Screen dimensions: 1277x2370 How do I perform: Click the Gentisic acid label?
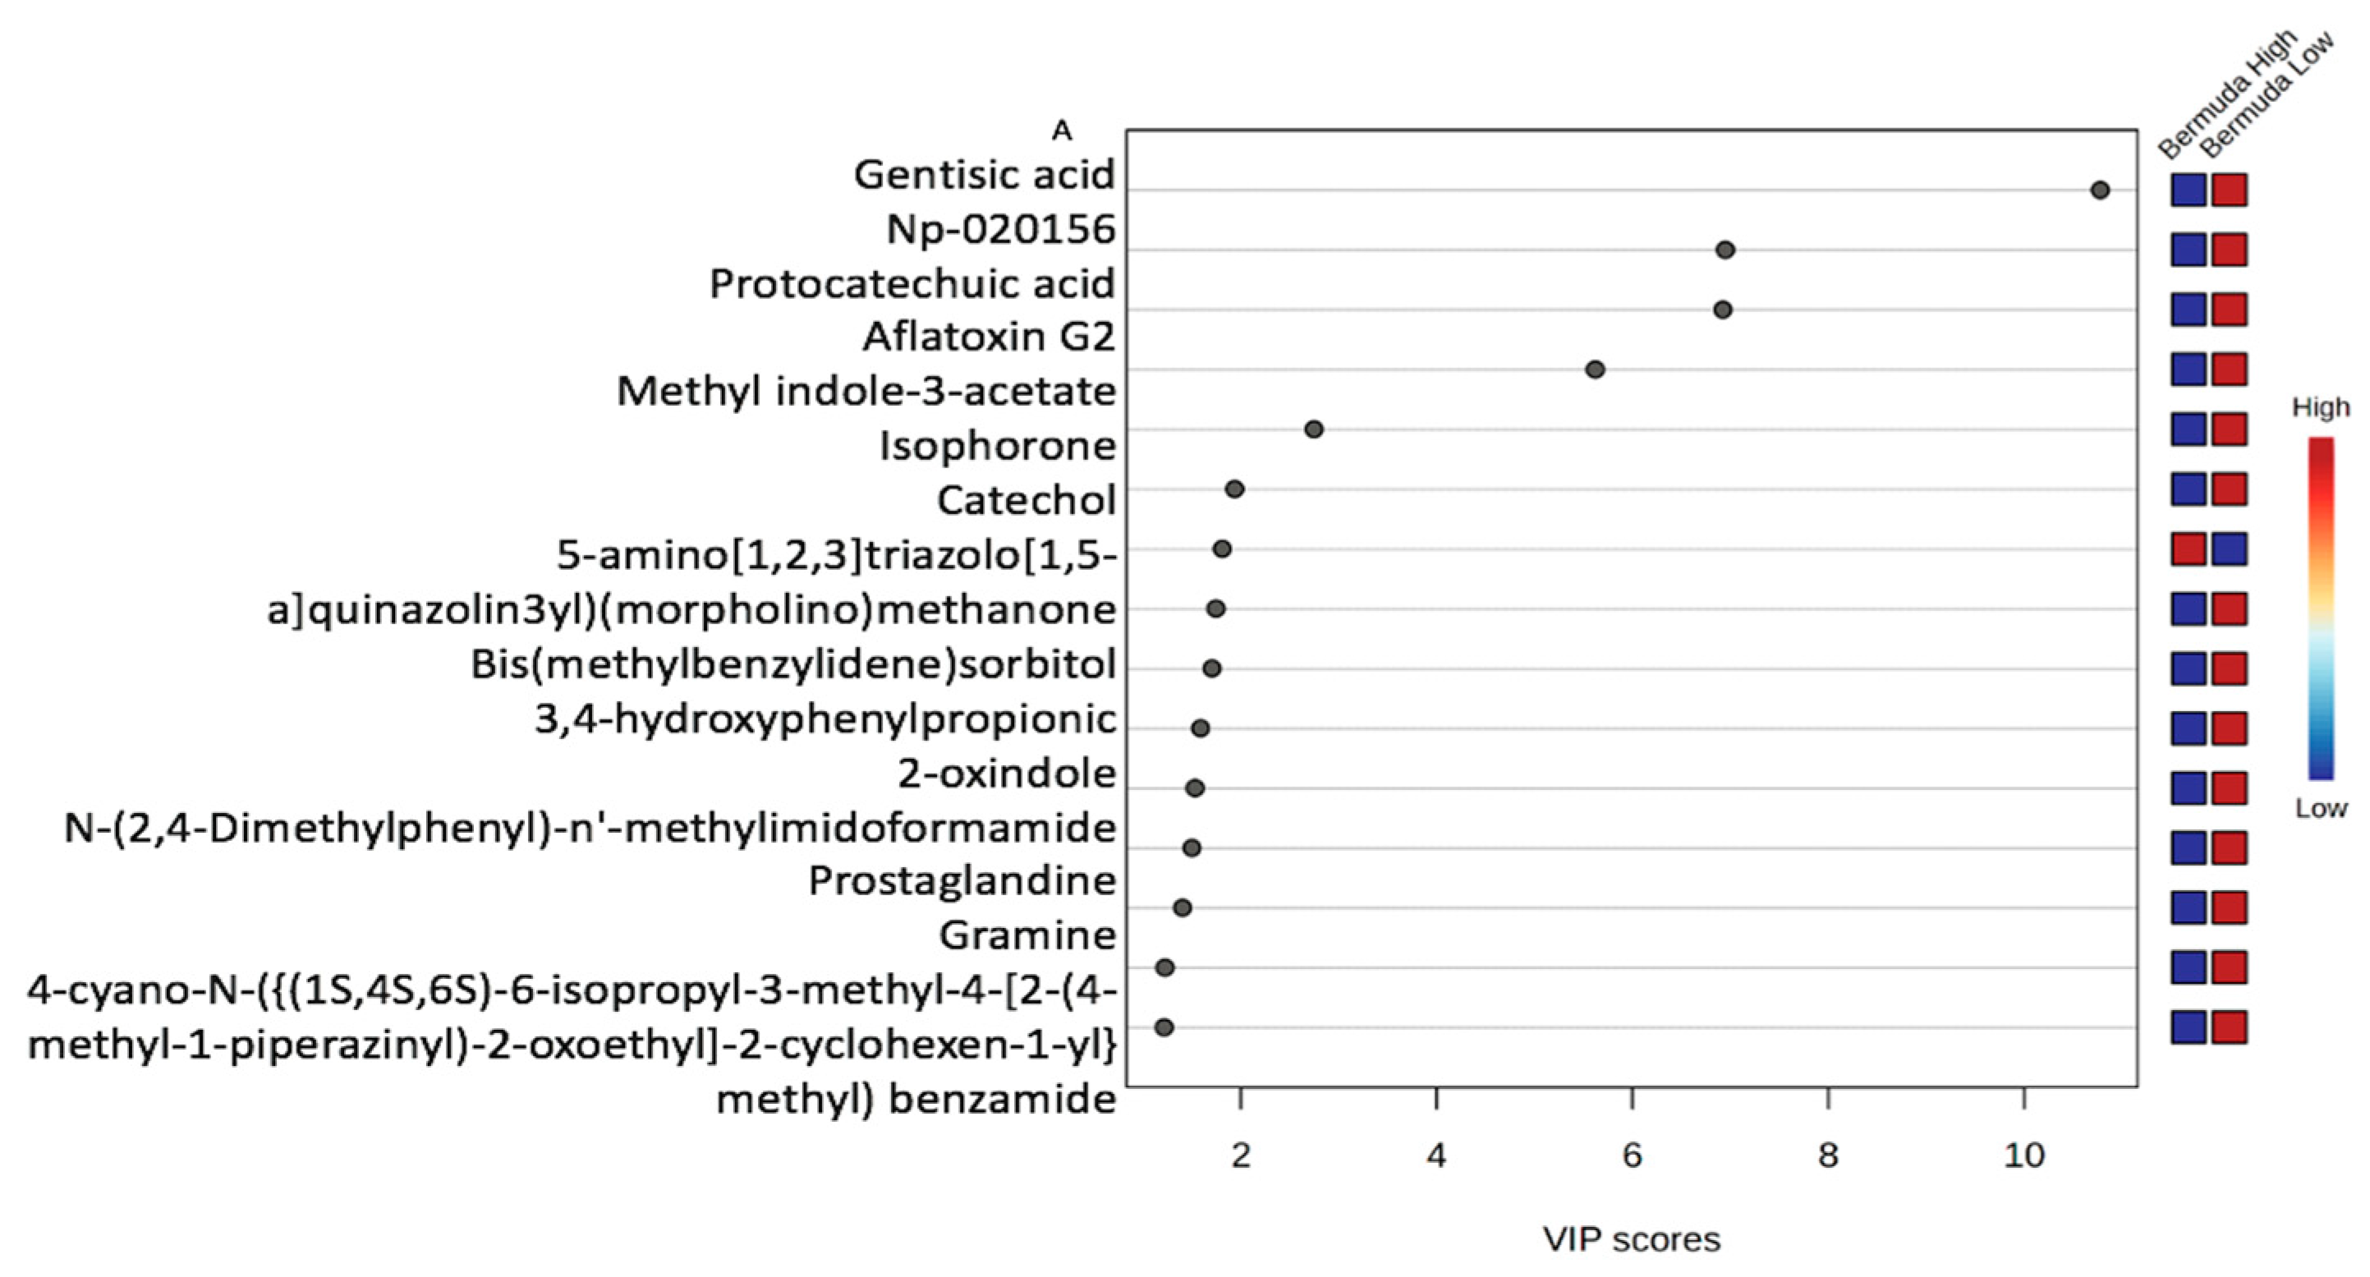(984, 175)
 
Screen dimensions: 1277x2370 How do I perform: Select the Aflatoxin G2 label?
(988, 337)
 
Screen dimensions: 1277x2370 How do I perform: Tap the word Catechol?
(1026, 500)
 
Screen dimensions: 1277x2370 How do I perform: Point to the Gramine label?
(1027, 935)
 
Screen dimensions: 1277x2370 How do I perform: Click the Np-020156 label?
(1000, 229)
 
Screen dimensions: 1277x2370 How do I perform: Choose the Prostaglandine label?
(962, 881)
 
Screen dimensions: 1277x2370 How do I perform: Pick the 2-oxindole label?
(1007, 774)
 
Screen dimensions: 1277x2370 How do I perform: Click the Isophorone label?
(997, 446)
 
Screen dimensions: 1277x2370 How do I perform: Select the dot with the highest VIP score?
(2100, 191)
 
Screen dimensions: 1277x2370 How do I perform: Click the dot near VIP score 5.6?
(1596, 369)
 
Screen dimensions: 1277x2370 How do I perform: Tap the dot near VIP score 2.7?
(1314, 429)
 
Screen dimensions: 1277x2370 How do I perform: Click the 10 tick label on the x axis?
(2023, 1155)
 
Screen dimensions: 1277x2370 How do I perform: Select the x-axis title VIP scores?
(1631, 1239)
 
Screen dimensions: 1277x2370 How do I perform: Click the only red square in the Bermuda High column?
(2188, 549)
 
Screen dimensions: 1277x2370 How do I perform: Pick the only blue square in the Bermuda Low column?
(2230, 549)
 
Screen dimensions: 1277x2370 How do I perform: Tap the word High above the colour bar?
(2321, 407)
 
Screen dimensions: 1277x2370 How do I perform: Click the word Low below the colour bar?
(2321, 809)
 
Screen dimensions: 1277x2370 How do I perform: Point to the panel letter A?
(1062, 131)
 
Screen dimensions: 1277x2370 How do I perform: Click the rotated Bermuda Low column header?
(2269, 97)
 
